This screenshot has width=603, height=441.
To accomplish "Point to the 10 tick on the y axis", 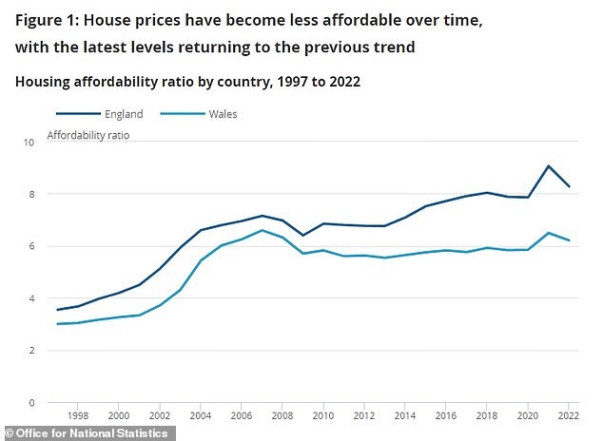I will point(28,142).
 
